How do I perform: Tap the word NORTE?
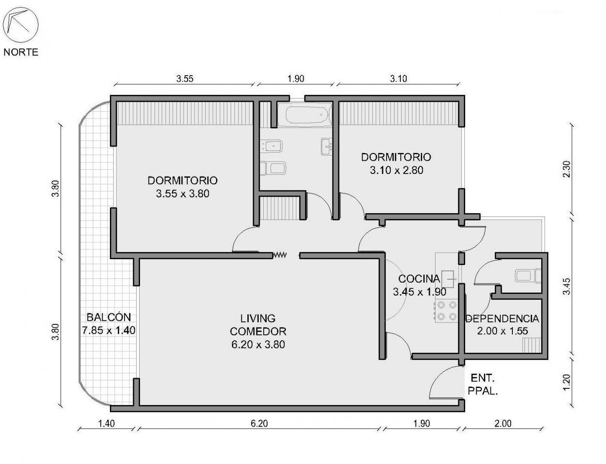21,52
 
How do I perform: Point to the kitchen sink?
448,279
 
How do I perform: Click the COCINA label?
419,279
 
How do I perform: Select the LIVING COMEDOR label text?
258,325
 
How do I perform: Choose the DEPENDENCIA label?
502,319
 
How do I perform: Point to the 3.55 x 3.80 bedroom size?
183,194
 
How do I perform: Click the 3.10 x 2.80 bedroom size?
396,170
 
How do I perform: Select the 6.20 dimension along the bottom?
259,423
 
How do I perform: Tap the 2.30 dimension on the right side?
566,169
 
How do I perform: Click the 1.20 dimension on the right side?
566,382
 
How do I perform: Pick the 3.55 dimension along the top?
185,79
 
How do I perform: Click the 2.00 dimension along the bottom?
503,423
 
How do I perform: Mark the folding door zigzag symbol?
280,255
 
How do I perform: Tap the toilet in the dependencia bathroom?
528,276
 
